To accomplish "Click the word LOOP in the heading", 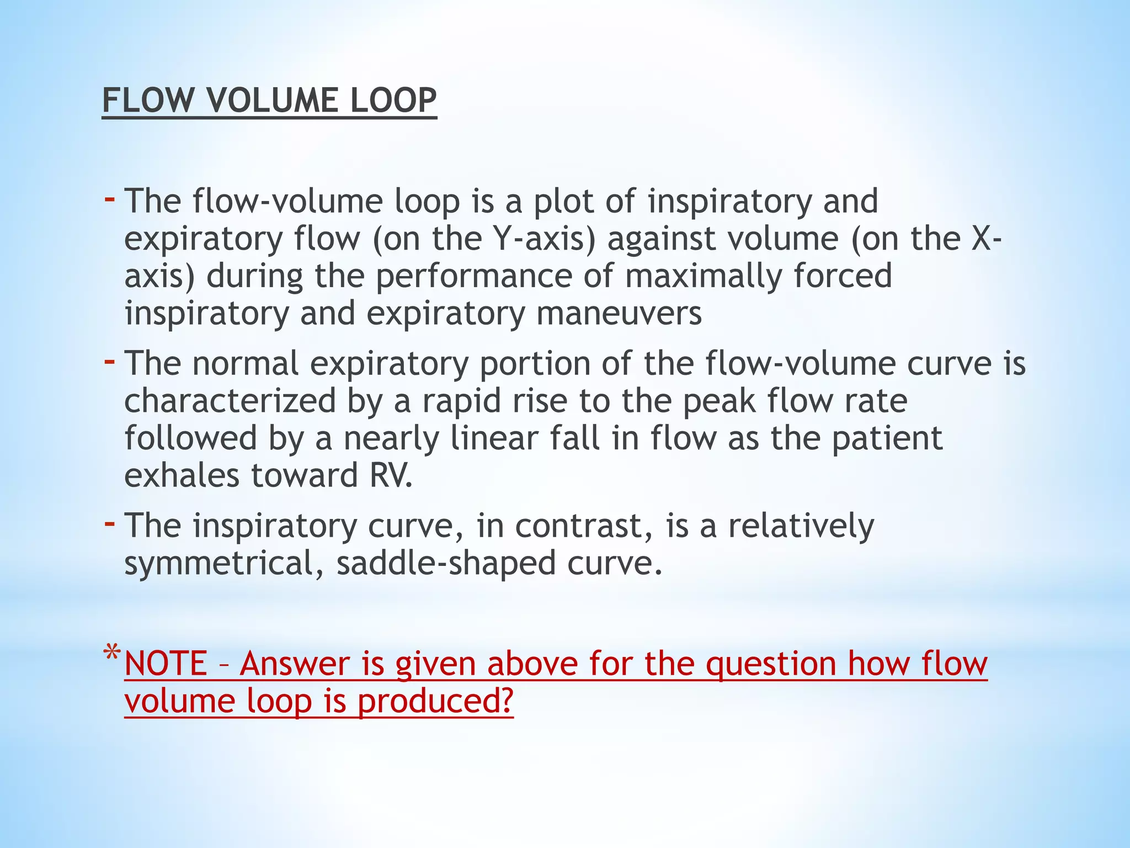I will (x=392, y=100).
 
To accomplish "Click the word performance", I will (x=474, y=276).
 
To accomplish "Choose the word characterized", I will (x=230, y=401).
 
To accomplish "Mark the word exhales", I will (x=182, y=475).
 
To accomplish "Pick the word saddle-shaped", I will (x=446, y=564).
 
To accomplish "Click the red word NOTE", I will (x=166, y=664).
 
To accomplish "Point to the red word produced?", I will (x=435, y=701).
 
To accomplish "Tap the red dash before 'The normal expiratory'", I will (x=110, y=362).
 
